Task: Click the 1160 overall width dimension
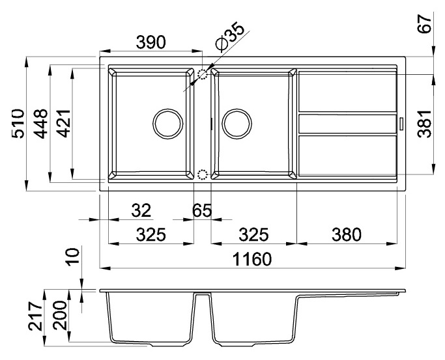click(252, 259)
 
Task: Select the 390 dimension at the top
click(151, 42)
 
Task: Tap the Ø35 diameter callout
click(230, 36)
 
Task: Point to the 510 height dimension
click(18, 124)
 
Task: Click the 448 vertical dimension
click(40, 124)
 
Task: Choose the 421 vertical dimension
click(63, 124)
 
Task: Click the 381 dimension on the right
click(425, 124)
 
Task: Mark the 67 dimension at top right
click(425, 24)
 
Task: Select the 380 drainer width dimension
click(346, 234)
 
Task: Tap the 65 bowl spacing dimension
click(202, 210)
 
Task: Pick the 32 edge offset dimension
click(141, 210)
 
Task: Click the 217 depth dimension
click(36, 316)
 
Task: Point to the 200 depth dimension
click(60, 316)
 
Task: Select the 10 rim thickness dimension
click(74, 256)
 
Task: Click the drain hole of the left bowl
click(167, 124)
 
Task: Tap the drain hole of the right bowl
click(237, 124)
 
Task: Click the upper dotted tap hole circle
click(203, 74)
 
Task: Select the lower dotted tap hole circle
click(203, 174)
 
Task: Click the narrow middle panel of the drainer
click(348, 124)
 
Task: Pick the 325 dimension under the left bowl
click(151, 234)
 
